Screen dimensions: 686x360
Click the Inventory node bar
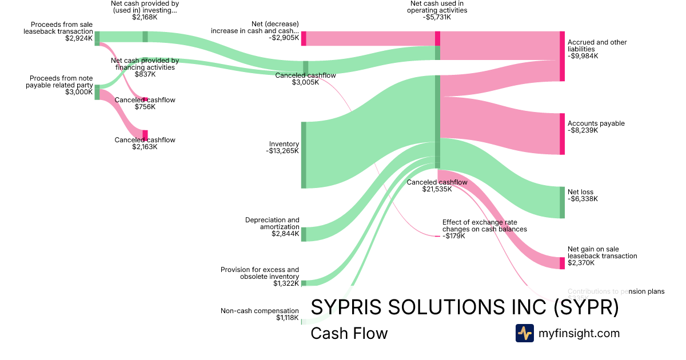tap(304, 155)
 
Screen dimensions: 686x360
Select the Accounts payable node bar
tap(562, 134)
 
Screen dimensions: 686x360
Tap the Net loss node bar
tap(562, 202)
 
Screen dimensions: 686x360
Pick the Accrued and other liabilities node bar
tap(562, 56)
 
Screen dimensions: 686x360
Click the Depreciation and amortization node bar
tap(304, 234)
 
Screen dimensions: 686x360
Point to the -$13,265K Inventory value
tap(282, 151)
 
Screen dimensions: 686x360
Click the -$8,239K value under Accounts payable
tap(583, 130)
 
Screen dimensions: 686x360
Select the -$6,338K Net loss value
tap(583, 199)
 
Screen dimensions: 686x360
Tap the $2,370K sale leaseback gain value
tap(581, 263)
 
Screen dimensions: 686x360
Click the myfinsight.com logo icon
tap(524, 333)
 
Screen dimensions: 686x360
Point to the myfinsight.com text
tap(579, 333)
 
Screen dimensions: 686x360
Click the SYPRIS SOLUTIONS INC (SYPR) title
tap(464, 307)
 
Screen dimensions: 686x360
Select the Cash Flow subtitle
tap(349, 333)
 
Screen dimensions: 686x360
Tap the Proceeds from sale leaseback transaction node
tap(97, 38)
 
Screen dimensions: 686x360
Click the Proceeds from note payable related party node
tap(97, 92)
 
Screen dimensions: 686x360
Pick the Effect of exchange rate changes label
tap(484, 225)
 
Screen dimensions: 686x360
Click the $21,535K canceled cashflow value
tap(437, 189)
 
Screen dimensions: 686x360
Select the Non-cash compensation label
tap(260, 311)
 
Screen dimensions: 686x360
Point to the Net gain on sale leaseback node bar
tap(562, 263)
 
